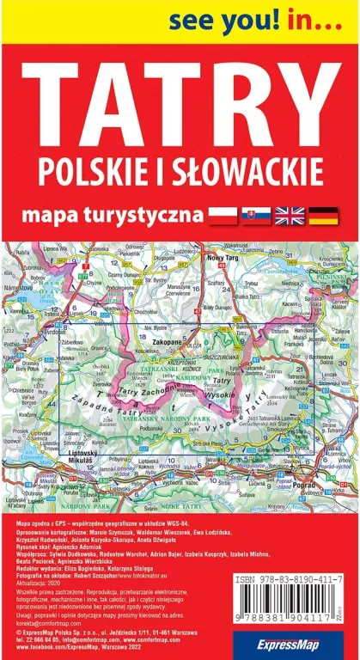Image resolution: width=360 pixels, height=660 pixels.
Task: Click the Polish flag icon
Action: (223, 214)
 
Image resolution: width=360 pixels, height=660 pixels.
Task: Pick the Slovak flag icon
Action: (255, 214)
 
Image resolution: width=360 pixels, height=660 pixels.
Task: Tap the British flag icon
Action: (290, 214)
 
